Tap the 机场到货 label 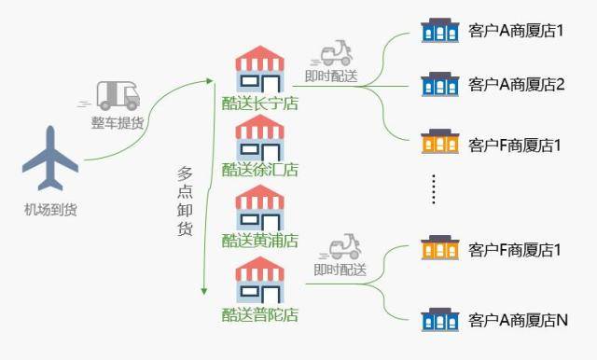coord(50,209)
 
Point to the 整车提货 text coord(118,122)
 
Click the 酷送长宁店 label coord(259,104)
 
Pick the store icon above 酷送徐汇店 coord(259,138)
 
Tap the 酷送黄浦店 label coord(259,241)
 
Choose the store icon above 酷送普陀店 coord(259,281)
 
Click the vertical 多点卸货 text coord(185,201)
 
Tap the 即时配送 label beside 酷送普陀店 coord(340,270)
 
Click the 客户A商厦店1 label coord(516,31)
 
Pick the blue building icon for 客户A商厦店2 coord(439,84)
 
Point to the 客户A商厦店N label coord(518,320)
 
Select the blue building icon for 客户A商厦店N coord(439,320)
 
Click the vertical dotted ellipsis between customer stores coord(434,188)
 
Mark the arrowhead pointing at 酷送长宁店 coord(209,81)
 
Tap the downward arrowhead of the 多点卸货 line coord(204,291)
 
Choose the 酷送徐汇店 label coord(259,170)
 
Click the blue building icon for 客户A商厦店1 coord(439,30)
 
